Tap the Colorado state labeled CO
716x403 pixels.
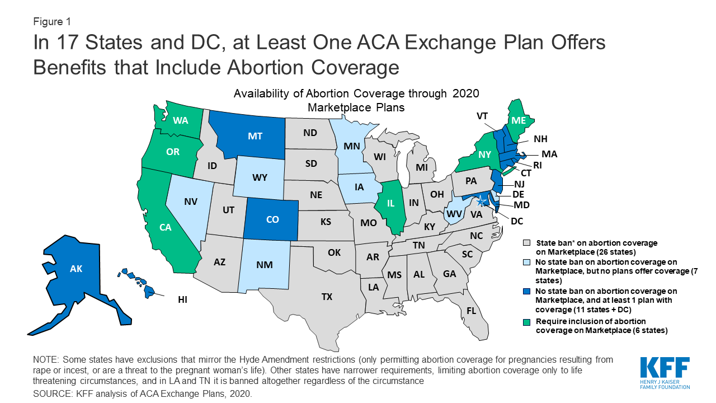pos(272,219)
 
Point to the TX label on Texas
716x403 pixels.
pos(327,297)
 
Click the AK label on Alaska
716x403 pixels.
pos(76,269)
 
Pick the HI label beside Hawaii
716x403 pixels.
pos(182,300)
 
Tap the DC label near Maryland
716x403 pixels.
pos(517,221)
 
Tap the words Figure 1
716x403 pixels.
pos(51,22)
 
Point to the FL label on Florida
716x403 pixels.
pos(471,310)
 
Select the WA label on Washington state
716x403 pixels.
pos(180,120)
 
